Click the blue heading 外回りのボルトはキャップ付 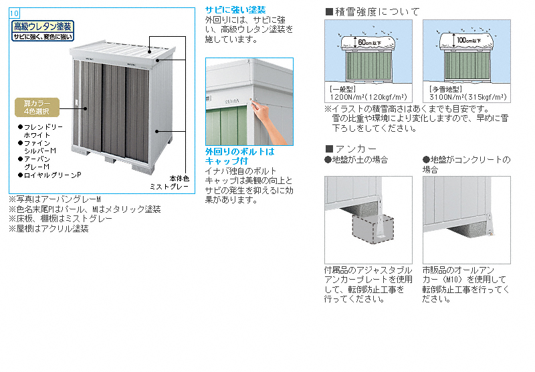click(239, 156)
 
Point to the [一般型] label click(342, 88)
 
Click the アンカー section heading click(350, 149)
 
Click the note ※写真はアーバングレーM click(54, 199)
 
